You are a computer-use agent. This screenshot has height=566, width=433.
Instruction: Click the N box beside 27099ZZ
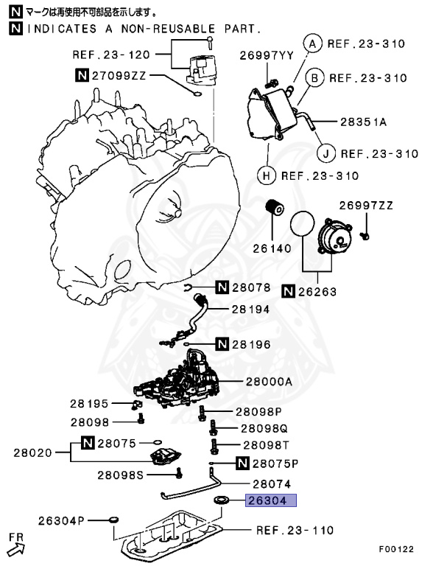click(82, 74)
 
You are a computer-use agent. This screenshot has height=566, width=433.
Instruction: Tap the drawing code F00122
click(397, 549)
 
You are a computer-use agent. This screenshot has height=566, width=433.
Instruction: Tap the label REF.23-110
click(295, 530)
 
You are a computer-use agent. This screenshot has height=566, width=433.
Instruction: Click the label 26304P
click(60, 521)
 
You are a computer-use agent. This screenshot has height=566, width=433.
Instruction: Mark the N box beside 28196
click(222, 343)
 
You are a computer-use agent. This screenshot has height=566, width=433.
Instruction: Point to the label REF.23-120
click(110, 55)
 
